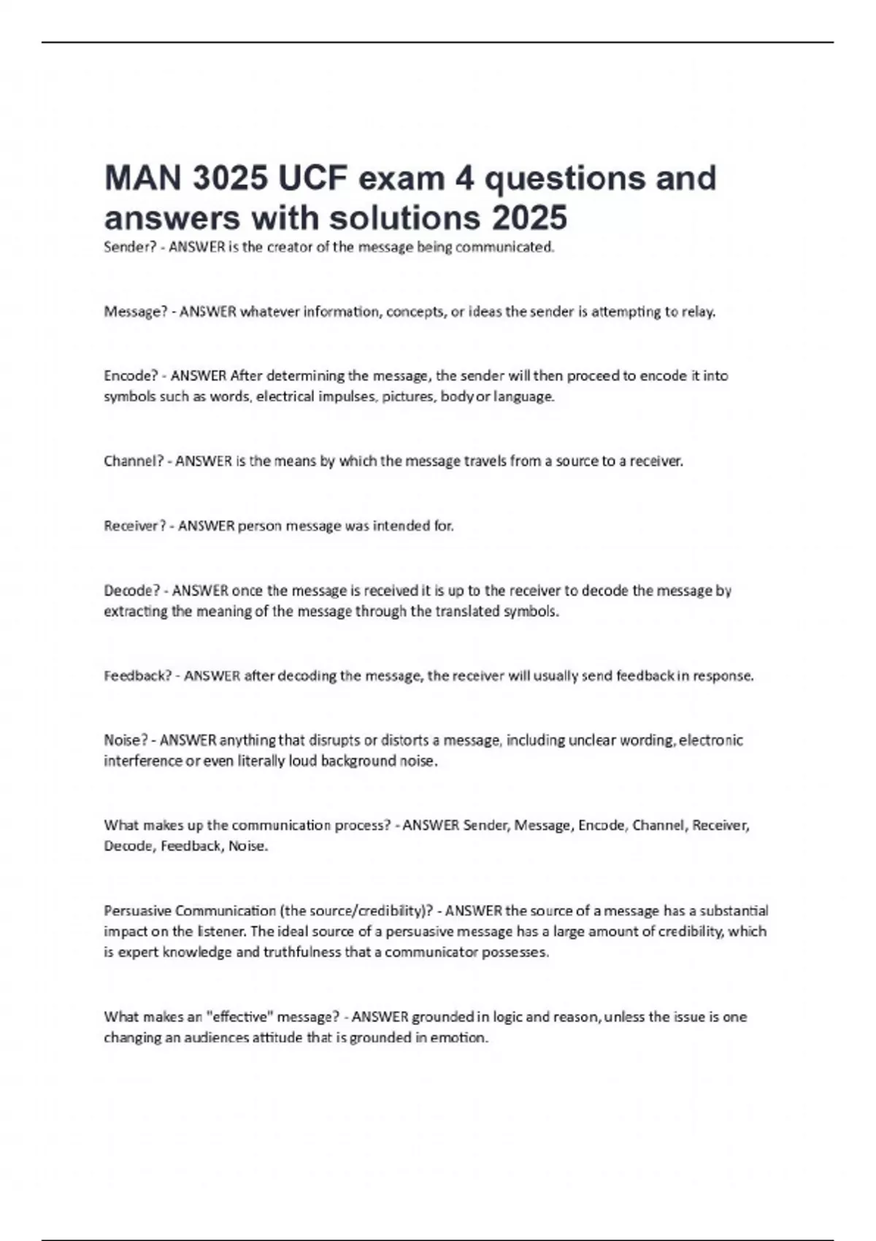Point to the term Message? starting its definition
click(136, 312)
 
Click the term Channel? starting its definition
click(134, 461)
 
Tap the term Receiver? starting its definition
click(135, 526)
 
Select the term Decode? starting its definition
click(132, 591)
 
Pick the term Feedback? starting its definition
click(138, 676)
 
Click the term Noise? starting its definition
click(126, 740)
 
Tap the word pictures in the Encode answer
click(407, 397)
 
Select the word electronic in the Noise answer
click(711, 740)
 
